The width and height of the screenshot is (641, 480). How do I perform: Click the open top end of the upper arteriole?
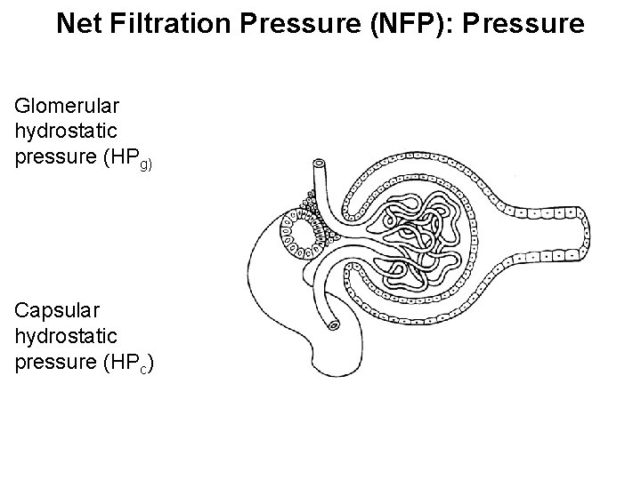point(319,164)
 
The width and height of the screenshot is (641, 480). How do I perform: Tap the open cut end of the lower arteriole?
point(334,325)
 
